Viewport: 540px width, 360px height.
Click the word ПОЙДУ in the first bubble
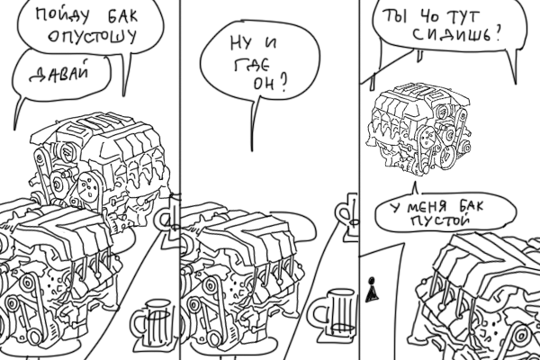pos(62,16)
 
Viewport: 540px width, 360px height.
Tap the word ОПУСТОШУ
pos(93,35)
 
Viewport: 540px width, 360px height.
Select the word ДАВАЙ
pos(60,73)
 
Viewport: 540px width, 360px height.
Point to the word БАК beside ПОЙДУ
pos(122,16)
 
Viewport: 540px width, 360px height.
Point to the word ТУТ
pos(463,16)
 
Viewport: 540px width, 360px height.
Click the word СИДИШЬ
pos(452,34)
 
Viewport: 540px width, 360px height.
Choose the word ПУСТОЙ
pos(440,220)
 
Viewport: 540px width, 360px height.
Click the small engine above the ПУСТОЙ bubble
pos(418,129)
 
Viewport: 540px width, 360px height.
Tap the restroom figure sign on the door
pos(371,290)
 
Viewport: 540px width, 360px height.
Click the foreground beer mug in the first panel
pos(152,323)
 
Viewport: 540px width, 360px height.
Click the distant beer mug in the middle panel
pos(347,217)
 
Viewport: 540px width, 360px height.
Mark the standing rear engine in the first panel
pos(100,169)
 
